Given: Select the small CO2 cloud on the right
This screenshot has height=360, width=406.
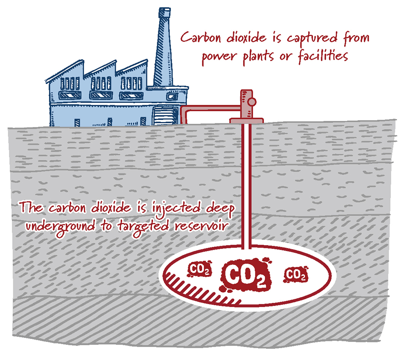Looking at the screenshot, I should (296, 275).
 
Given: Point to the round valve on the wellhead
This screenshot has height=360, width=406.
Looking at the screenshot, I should (252, 102).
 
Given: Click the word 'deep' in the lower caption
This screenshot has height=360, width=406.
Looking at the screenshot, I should (220, 209).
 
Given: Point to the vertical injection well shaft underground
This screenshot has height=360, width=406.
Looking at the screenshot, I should (246, 183).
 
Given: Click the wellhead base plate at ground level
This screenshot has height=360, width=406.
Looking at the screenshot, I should (246, 121).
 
